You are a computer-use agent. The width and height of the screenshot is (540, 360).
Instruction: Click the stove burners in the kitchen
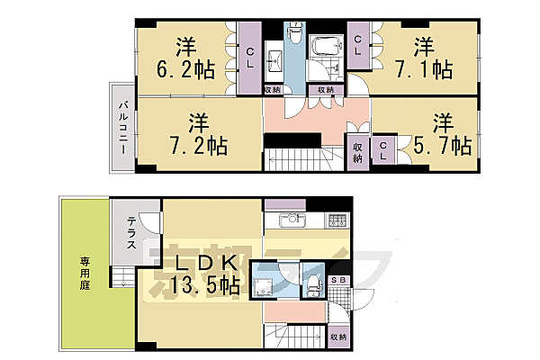pyautogui.click(x=336, y=220)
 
